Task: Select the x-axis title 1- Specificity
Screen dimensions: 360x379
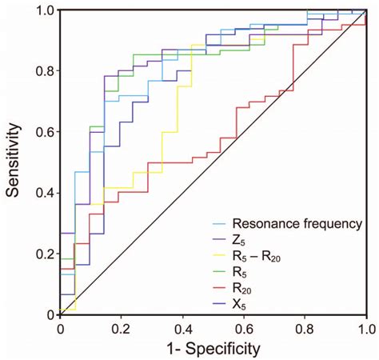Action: tap(213, 350)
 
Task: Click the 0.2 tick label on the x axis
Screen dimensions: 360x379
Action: tap(122, 328)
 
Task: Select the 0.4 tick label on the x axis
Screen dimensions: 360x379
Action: tap(182, 328)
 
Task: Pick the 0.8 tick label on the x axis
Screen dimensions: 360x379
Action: tap(305, 328)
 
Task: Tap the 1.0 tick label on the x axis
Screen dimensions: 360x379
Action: tap(365, 328)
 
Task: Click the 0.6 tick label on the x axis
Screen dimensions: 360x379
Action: tap(244, 328)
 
